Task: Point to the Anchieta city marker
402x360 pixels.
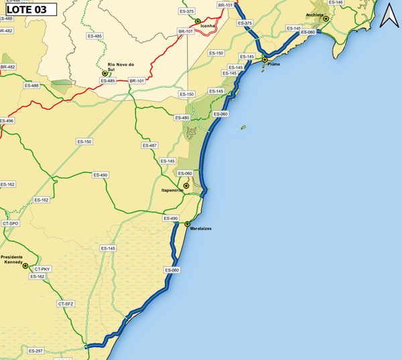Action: pos(326,19)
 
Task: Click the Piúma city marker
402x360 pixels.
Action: pos(265,60)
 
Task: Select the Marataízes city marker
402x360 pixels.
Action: pos(188,224)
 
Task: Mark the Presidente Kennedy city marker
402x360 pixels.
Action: pos(25,266)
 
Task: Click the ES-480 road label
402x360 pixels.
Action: pos(182,118)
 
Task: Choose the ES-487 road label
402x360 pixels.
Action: pos(149,145)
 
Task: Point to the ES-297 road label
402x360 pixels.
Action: pos(36,351)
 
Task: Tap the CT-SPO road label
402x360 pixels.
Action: pos(10,223)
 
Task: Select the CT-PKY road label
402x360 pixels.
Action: pos(43,269)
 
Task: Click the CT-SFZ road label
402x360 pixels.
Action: pos(66,304)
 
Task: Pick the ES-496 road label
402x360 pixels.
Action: pos(6,121)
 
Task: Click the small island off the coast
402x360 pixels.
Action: pos(245,126)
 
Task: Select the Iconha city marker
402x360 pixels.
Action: pos(198,21)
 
